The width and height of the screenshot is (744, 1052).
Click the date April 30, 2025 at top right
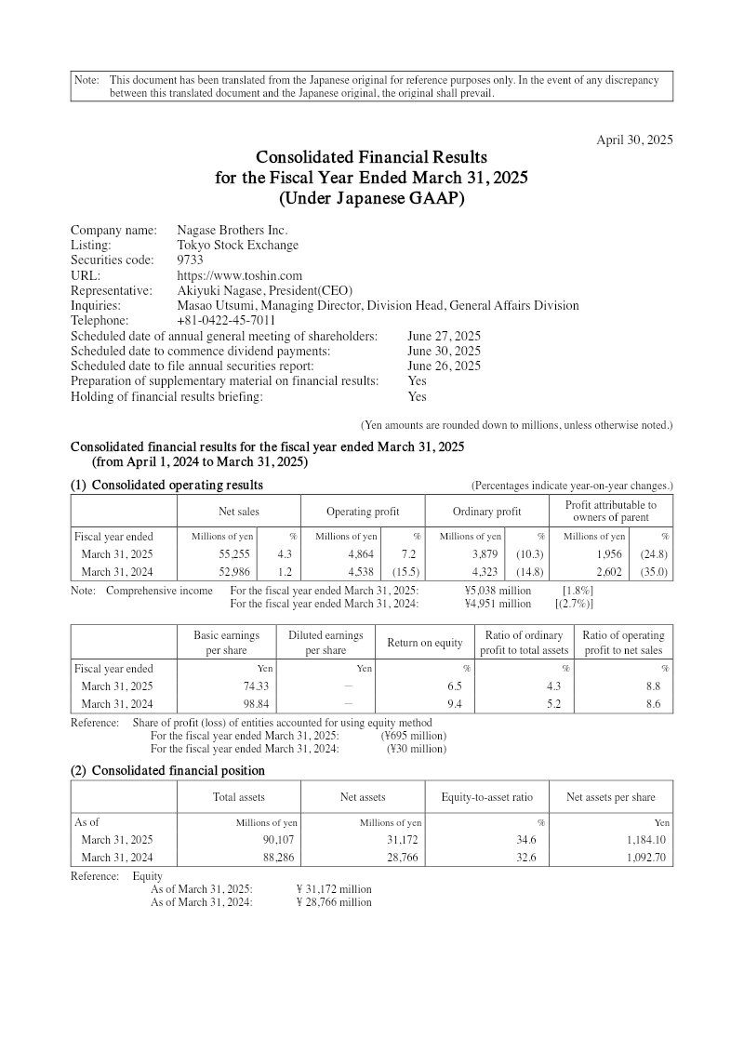coord(634,140)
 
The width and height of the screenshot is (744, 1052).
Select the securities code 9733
coord(191,260)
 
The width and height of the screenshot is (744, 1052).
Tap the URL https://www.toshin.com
coord(240,275)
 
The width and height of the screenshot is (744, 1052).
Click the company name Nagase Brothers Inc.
coord(232,230)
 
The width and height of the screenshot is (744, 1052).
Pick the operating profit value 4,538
coord(357,572)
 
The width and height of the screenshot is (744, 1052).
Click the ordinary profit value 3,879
coord(485,554)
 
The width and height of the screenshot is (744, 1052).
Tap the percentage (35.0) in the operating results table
coord(653,572)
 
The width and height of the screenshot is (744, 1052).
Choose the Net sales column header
coord(238,512)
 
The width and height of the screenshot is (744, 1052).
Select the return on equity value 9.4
coord(455,703)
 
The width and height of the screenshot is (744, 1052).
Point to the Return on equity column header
coord(425,643)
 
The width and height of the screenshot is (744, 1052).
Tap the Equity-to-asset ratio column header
coord(486,797)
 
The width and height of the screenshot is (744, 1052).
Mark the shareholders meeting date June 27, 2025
coord(444,336)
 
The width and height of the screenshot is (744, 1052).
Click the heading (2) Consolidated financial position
coord(167,770)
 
